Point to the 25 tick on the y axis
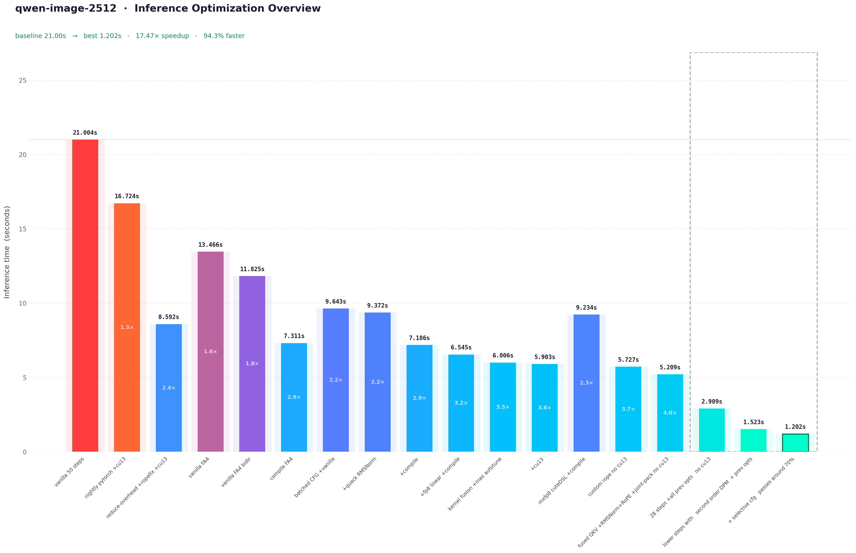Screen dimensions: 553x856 pos(23,81)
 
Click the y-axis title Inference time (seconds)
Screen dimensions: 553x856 pos(7,252)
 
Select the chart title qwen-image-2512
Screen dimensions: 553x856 pos(66,8)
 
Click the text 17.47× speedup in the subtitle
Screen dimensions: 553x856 pos(162,36)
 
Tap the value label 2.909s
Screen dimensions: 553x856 pos(712,402)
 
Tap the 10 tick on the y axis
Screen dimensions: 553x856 pos(23,303)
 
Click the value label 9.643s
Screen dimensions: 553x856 pos(336,302)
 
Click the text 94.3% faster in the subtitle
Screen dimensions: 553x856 pos(224,36)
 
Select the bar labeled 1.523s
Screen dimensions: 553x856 pos(753,440)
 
